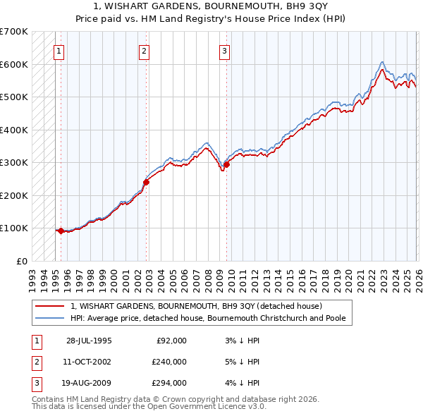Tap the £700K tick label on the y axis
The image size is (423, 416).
[14, 32]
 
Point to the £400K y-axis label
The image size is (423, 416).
[14, 130]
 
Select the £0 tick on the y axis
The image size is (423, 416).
[22, 261]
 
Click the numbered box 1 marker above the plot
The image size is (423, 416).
[59, 50]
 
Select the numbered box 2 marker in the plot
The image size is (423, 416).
[144, 50]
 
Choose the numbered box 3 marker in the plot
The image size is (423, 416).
[224, 50]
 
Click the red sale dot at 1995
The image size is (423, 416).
[61, 231]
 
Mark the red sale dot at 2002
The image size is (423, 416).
[146, 182]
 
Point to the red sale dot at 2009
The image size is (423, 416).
[226, 164]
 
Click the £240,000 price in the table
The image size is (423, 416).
[169, 362]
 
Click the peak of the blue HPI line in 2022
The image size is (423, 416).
[381, 62]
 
